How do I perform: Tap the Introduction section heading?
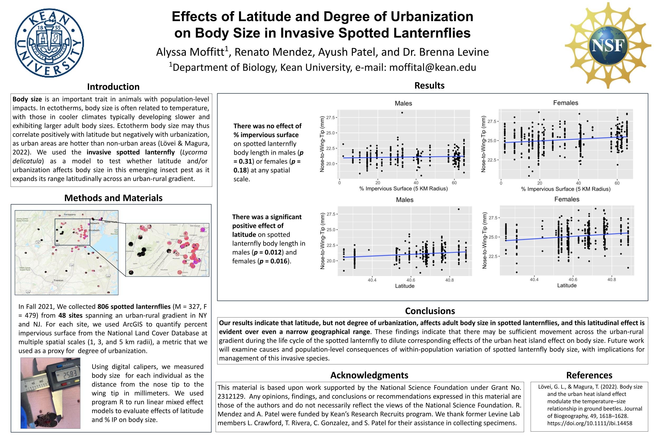[113, 87]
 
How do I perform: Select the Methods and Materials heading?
[113, 198]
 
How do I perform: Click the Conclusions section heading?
[430, 311]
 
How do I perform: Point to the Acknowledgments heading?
[369, 375]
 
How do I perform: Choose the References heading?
[589, 375]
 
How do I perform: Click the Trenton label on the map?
[59, 280]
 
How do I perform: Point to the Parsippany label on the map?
[69, 214]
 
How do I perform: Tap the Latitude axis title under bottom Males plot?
[404, 286]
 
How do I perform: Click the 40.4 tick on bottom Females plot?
[534, 280]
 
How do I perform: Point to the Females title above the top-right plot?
[565, 103]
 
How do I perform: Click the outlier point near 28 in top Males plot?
[402, 113]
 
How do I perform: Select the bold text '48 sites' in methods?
[70, 315]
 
